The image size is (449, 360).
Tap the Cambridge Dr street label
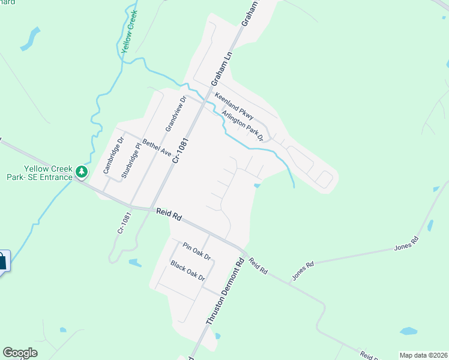(112, 156)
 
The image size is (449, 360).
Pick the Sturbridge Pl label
(130, 160)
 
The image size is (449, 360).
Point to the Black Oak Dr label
(188, 271)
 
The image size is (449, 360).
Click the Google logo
(20, 353)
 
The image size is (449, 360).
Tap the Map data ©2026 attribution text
(424, 355)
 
